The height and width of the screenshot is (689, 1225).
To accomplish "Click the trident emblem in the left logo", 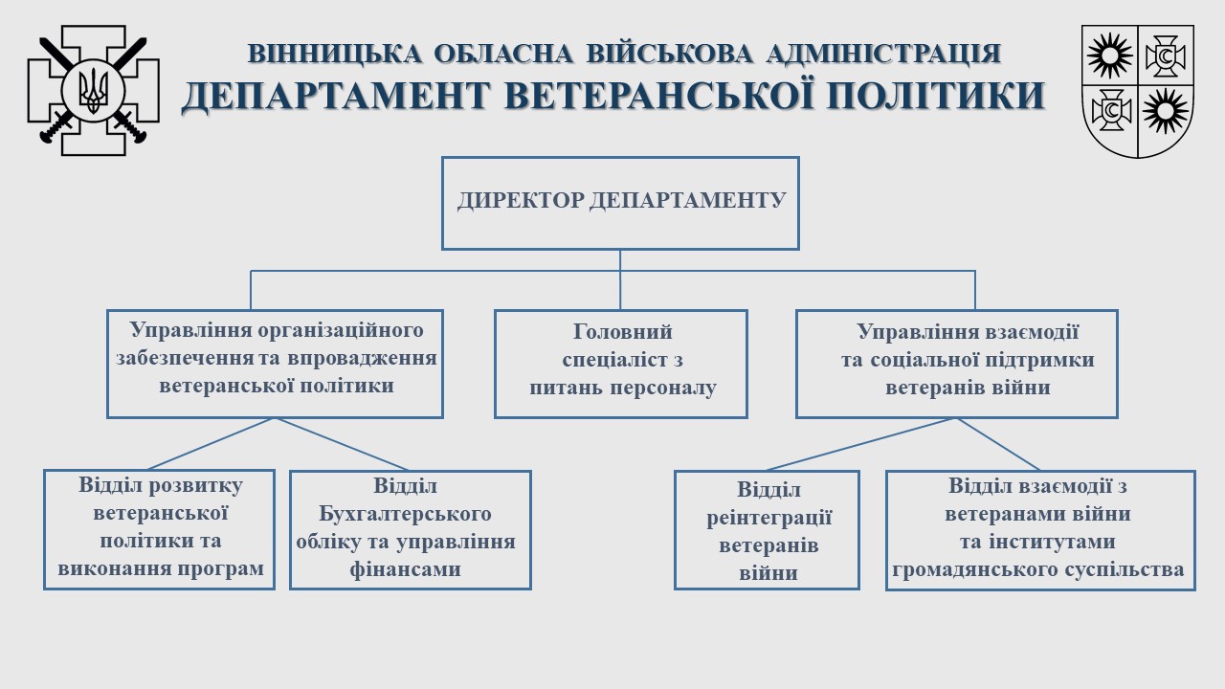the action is (94, 90).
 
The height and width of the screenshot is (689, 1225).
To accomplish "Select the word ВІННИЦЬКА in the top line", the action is (335, 54).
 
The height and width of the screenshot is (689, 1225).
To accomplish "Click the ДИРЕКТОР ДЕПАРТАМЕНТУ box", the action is (621, 204).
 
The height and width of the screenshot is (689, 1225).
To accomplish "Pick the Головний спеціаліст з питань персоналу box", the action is (621, 365).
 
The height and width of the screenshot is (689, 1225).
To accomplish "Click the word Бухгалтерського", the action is (405, 514).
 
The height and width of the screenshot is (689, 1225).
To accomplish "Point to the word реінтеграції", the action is (768, 518).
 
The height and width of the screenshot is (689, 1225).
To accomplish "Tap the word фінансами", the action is (405, 569).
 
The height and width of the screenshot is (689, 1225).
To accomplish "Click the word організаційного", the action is (341, 331).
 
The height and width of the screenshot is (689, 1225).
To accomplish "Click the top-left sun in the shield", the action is (1109, 56).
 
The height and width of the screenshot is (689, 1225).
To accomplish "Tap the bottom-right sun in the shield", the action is (1166, 111).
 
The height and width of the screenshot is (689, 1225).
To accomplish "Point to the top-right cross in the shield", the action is (1166, 56).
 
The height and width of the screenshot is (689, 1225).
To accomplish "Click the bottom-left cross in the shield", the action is (1110, 110).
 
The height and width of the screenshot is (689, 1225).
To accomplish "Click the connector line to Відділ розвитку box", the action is (210, 444).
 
